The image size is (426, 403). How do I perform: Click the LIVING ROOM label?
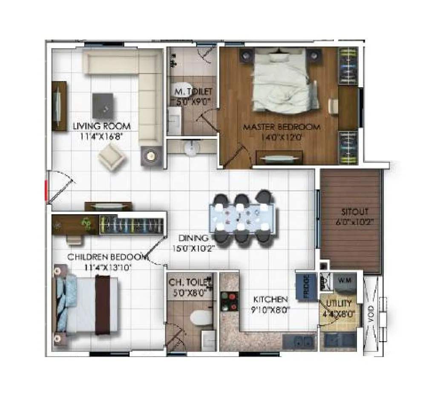(101, 126)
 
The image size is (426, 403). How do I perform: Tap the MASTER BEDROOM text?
(281, 127)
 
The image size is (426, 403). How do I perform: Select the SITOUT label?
(354, 211)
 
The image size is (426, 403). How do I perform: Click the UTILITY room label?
(339, 304)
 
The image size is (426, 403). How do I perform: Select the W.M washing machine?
(345, 281)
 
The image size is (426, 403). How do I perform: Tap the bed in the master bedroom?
(283, 81)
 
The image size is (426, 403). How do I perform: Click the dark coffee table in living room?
(103, 106)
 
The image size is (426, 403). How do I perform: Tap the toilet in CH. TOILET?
(201, 317)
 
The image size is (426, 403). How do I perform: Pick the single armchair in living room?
(112, 156)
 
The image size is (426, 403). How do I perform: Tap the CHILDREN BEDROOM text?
(106, 257)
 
